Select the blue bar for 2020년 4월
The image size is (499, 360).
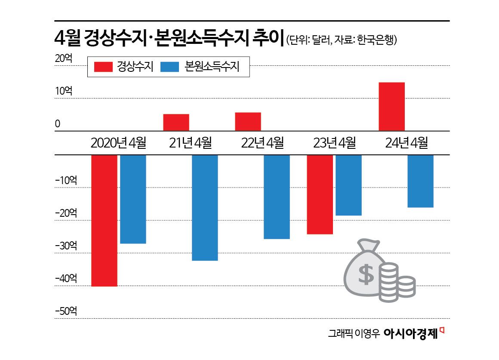(x=133, y=199)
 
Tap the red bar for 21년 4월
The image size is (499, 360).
(x=176, y=122)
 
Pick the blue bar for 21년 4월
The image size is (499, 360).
(x=205, y=207)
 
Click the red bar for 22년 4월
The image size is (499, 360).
(x=248, y=121)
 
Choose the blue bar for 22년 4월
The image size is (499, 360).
(x=277, y=197)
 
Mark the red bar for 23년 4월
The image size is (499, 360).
(x=320, y=194)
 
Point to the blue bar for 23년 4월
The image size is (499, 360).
(x=348, y=185)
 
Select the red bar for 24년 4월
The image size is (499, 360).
(x=391, y=106)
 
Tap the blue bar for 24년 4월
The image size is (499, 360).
(x=420, y=181)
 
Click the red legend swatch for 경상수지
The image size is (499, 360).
(x=103, y=67)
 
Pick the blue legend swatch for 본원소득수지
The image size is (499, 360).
(x=169, y=67)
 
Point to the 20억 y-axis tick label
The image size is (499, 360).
(x=64, y=58)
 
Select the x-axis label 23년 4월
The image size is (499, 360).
(x=334, y=143)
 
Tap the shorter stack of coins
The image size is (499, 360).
(x=406, y=287)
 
